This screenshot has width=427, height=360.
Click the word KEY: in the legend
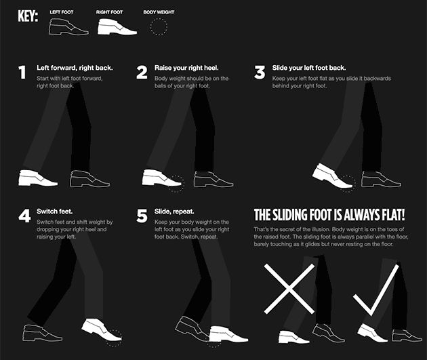(x=28, y=16)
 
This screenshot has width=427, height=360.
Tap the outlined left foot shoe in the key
(x=68, y=26)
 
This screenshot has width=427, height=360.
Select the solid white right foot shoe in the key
(x=117, y=26)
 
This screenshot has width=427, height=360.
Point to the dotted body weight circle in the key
(x=159, y=26)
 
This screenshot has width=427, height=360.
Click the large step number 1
(x=22, y=73)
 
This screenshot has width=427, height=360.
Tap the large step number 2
(x=142, y=73)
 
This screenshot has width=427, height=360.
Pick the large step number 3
(x=260, y=73)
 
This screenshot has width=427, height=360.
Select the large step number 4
(x=24, y=216)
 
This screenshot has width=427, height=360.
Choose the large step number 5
(x=142, y=216)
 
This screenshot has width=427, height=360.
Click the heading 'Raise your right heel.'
(x=186, y=68)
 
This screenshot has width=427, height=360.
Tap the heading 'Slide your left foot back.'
(x=309, y=68)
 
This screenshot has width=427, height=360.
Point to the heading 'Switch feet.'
(x=55, y=212)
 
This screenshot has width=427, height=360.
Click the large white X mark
(x=289, y=289)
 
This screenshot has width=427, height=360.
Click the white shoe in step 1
(x=38, y=178)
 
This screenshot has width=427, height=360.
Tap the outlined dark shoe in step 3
(x=381, y=179)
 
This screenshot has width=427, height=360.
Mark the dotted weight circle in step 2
(x=176, y=184)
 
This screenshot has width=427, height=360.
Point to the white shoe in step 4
(x=101, y=329)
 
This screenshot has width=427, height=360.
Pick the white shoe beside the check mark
(x=372, y=334)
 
